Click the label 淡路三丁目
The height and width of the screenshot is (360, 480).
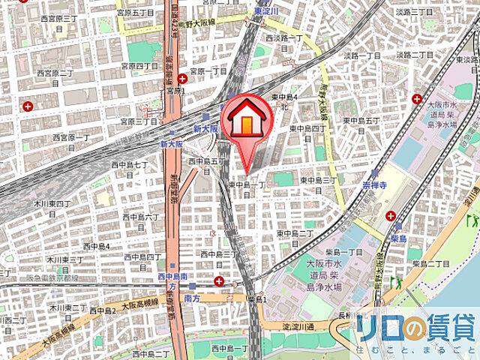pos(415,13)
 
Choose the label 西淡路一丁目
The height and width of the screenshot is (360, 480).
pos(283,36)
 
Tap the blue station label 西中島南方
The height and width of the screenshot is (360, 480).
pos(171,281)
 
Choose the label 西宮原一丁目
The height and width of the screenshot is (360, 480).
pos(71,137)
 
